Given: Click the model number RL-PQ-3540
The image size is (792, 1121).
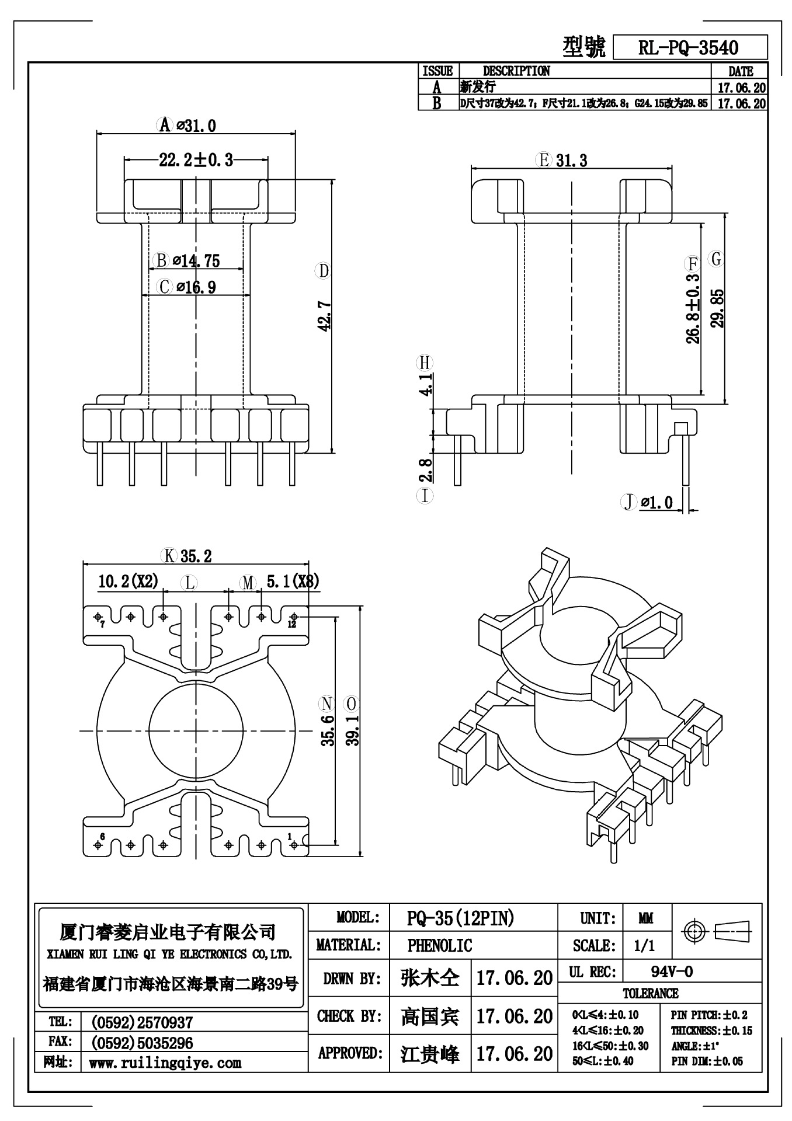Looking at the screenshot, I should pyautogui.click(x=688, y=48).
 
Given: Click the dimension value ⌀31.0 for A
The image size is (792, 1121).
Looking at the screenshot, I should pyautogui.click(x=196, y=126).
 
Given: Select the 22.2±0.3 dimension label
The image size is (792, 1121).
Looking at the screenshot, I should pyautogui.click(x=196, y=159).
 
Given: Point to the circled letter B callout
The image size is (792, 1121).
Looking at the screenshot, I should pyautogui.click(x=161, y=260).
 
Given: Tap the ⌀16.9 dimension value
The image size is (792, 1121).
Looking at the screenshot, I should pyautogui.click(x=196, y=287).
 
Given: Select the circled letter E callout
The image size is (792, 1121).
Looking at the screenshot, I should pyautogui.click(x=544, y=160).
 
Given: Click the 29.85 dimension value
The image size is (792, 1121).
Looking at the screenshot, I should pyautogui.click(x=718, y=308).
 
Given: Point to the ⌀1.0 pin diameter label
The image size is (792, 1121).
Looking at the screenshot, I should pyautogui.click(x=656, y=502).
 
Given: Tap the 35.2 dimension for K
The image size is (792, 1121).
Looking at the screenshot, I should pyautogui.click(x=196, y=556).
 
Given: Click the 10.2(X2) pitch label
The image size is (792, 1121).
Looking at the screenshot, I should pyautogui.click(x=128, y=582).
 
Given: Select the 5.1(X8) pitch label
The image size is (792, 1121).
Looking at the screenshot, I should pyautogui.click(x=293, y=582).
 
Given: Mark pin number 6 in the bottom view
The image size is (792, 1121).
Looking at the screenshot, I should pyautogui.click(x=102, y=837).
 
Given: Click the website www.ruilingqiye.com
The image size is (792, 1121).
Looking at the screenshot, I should pyautogui.click(x=165, y=1063).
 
